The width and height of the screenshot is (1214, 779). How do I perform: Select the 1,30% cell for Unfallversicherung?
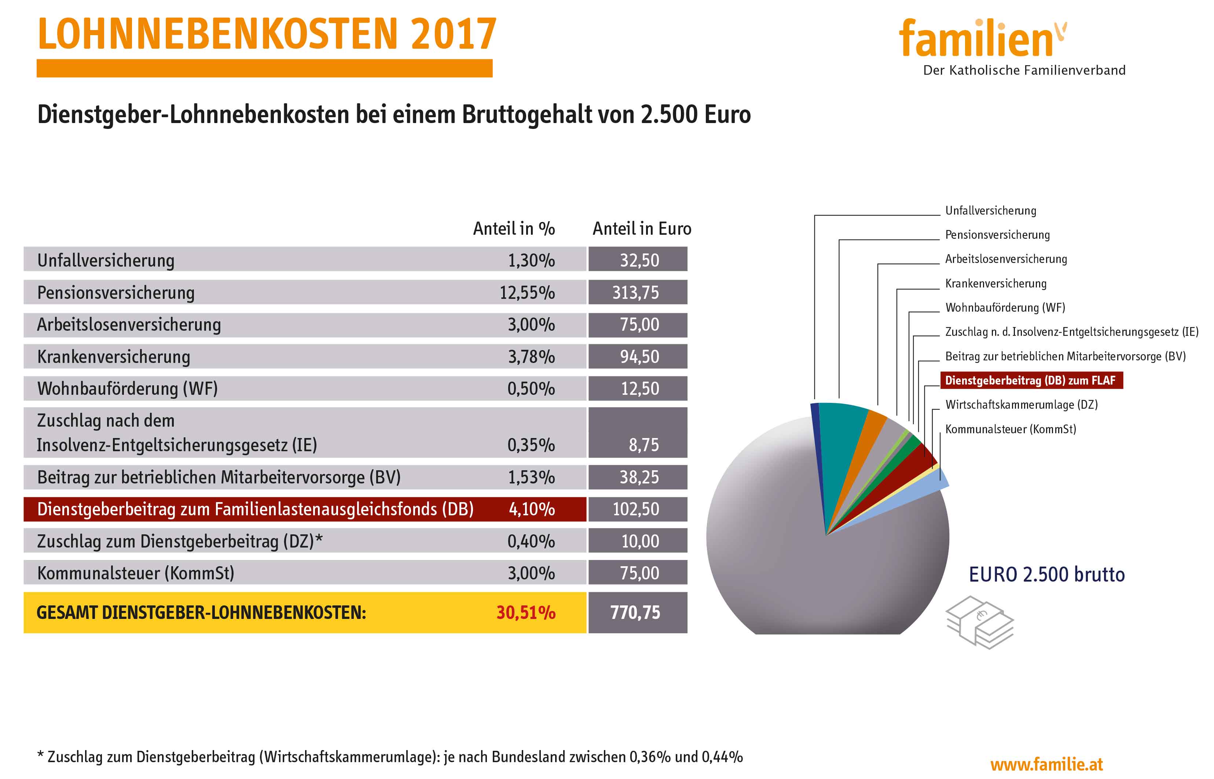click(531, 260)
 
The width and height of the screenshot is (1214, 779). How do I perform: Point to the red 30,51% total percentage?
click(526, 613)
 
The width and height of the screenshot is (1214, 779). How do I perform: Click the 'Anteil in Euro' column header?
click(641, 229)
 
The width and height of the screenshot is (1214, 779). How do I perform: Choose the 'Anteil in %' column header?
click(513, 229)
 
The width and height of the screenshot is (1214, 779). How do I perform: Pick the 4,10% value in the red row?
click(532, 509)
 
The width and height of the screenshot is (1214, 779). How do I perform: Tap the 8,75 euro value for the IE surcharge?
click(643, 445)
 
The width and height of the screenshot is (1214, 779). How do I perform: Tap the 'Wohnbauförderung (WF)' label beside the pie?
click(1005, 308)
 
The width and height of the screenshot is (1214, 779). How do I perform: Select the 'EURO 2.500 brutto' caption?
click(1046, 575)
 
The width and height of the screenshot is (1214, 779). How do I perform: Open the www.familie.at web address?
click(1046, 764)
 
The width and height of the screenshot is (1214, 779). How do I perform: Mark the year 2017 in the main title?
click(453, 34)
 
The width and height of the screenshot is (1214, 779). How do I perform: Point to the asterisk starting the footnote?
click(40, 756)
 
